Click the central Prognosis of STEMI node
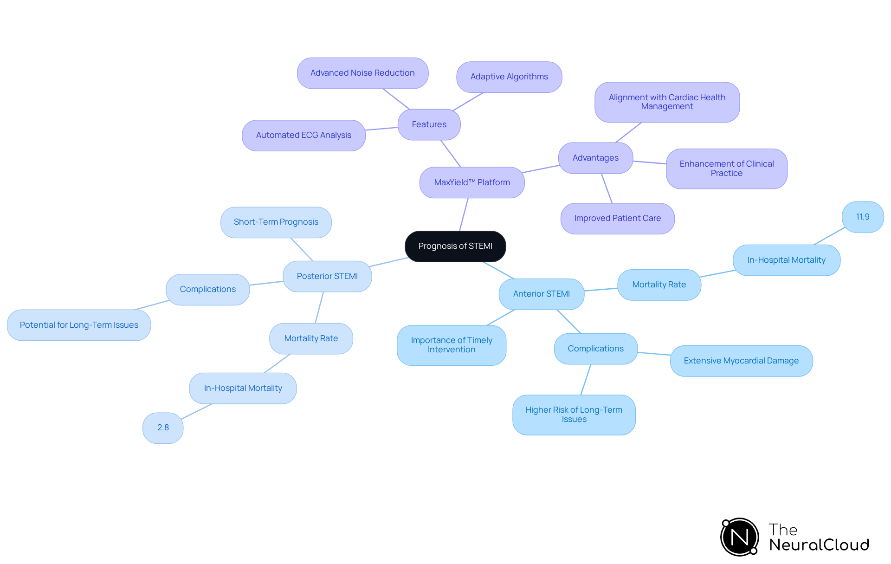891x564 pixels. [x=455, y=246]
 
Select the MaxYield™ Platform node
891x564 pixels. [x=472, y=182]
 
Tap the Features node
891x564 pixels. [x=429, y=124]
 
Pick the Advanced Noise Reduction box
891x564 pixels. [x=362, y=73]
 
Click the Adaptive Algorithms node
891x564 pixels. [x=509, y=77]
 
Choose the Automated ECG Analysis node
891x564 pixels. [x=303, y=135]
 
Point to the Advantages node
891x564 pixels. [x=595, y=158]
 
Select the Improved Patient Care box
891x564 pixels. [x=617, y=218]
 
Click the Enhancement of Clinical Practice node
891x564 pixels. [x=726, y=169]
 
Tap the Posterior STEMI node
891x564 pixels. [x=327, y=276]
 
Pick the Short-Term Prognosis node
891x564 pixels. [x=276, y=222]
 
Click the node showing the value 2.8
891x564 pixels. [x=163, y=428]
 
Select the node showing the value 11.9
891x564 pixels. [x=863, y=217]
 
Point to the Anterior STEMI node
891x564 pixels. [x=541, y=294]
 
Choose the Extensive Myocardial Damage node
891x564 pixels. [x=741, y=361]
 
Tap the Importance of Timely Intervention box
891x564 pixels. [x=451, y=345]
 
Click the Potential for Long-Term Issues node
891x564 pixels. [x=79, y=325]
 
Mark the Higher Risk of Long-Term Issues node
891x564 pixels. [x=574, y=415]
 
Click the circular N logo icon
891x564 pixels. [x=739, y=537]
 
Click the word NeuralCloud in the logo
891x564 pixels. [x=819, y=545]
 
